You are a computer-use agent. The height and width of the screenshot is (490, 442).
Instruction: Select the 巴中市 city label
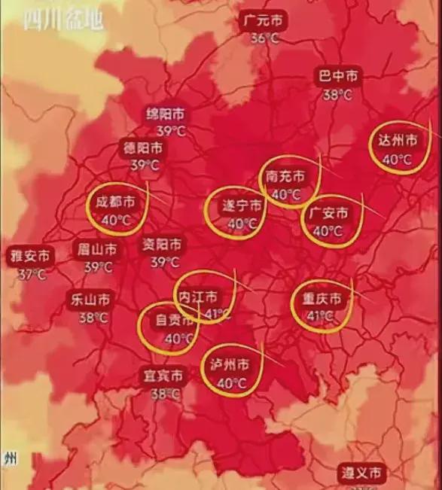point(338,77)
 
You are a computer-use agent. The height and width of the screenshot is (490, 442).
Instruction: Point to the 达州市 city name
point(397,141)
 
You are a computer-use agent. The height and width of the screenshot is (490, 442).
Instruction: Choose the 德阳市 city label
point(143,148)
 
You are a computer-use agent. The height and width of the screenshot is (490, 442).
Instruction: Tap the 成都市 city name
point(115,202)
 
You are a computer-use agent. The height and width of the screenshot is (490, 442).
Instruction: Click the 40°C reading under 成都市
point(115,220)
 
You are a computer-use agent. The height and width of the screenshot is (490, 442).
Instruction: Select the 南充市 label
point(285,177)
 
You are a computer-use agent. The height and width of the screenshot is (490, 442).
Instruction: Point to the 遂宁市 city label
point(242,205)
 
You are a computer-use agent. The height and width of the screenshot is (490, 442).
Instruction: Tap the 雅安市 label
point(31,257)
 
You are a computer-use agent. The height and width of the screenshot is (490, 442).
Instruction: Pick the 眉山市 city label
point(97,248)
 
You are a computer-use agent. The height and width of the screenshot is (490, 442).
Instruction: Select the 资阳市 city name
point(163,245)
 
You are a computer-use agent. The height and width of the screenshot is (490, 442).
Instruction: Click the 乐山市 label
point(92,299)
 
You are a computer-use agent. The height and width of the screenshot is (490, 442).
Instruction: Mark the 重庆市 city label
point(321,299)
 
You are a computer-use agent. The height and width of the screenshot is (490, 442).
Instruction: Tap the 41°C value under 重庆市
point(321,316)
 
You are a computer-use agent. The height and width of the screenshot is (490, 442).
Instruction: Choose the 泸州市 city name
point(230,365)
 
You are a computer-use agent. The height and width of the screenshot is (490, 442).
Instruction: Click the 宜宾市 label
point(163,376)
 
